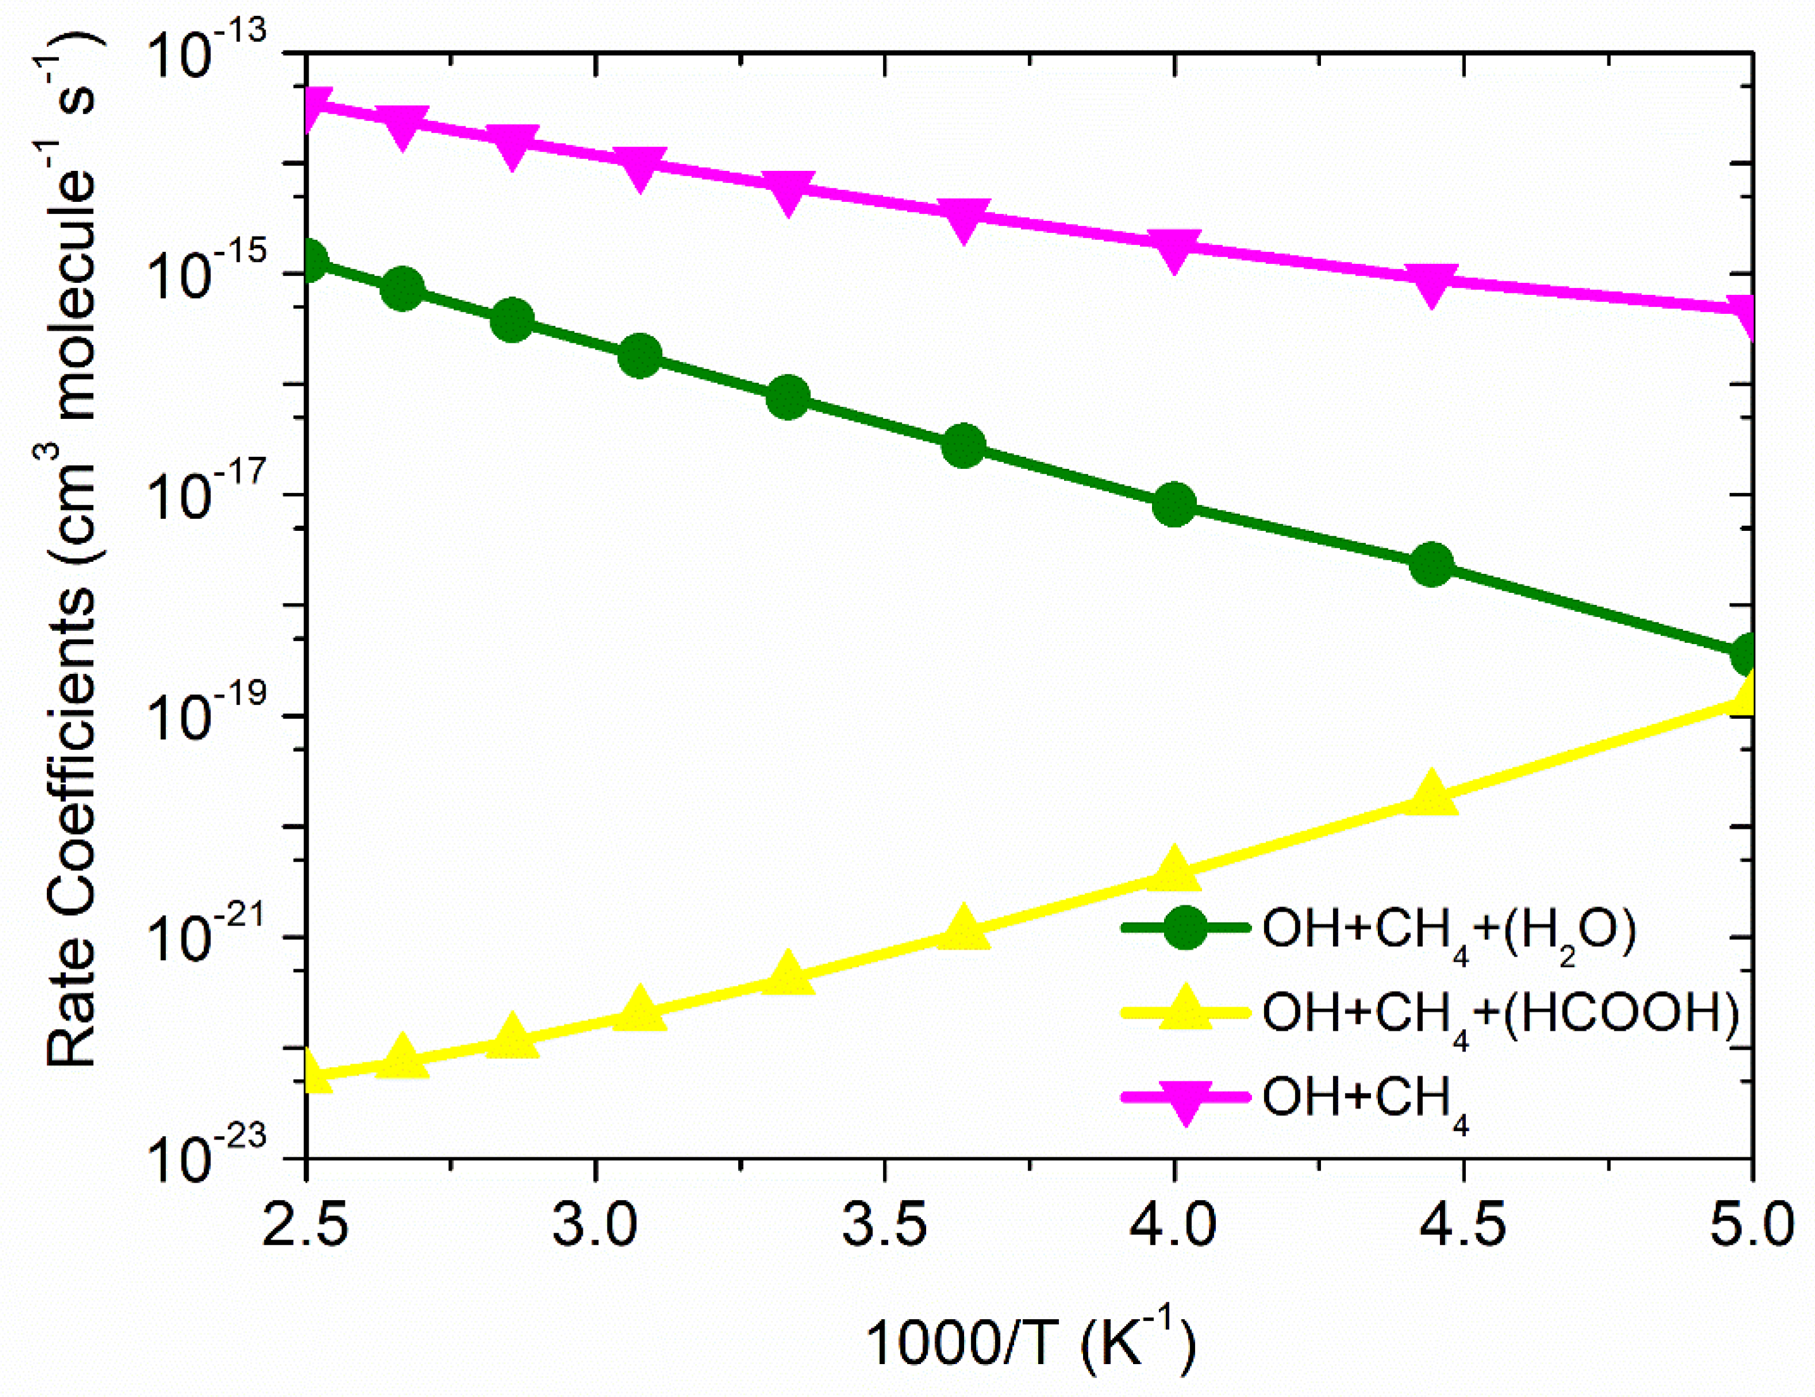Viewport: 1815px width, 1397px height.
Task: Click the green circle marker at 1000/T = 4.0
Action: pyautogui.click(x=1174, y=504)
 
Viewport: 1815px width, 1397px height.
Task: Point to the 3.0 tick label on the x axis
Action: pyautogui.click(x=595, y=1226)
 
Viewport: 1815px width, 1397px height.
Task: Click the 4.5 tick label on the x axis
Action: pyautogui.click(x=1463, y=1226)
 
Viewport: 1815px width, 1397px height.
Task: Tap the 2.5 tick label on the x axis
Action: pyautogui.click(x=306, y=1226)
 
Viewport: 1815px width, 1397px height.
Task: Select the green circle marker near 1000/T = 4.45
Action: pyautogui.click(x=1431, y=565)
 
